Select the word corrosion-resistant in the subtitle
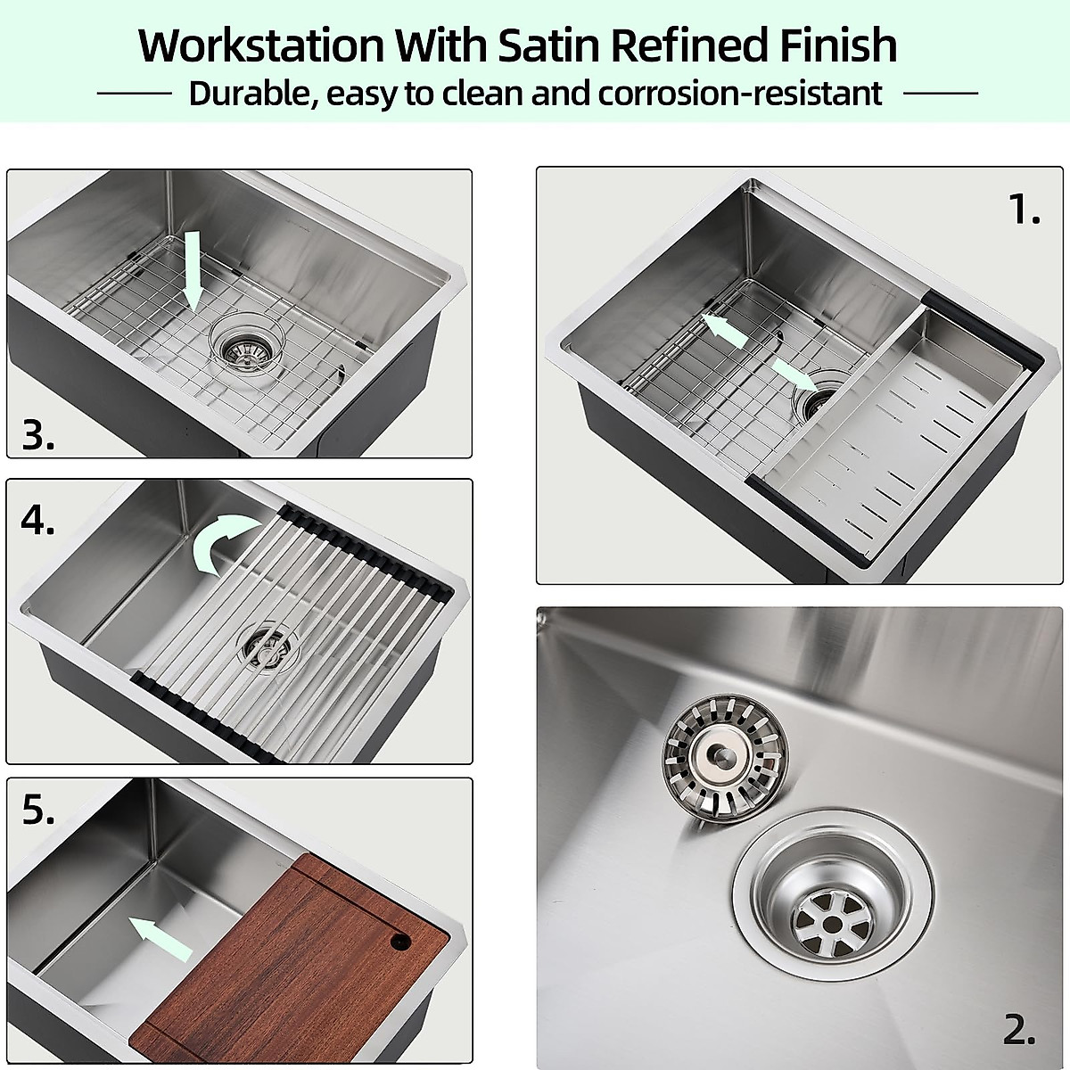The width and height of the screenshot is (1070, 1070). tap(740, 93)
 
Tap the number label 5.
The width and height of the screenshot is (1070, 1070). tap(38, 811)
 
